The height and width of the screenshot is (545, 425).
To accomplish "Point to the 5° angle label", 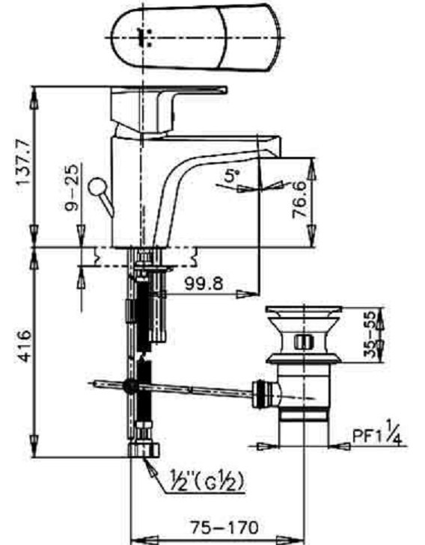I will pos(232,176).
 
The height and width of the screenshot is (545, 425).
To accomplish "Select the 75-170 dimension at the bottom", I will pos(219,526).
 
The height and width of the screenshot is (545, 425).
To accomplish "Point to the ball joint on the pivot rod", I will pos(131,387).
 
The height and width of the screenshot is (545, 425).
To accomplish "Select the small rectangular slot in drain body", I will pos(303,342).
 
